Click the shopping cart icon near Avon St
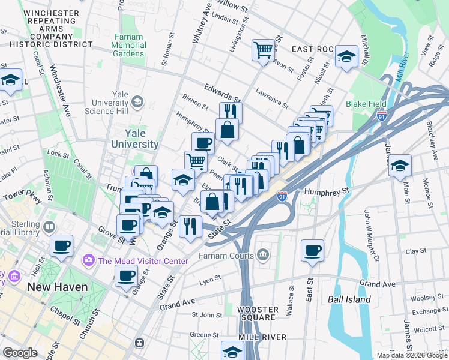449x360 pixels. pyautogui.click(x=263, y=50)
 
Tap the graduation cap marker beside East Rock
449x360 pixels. pyautogui.click(x=346, y=57)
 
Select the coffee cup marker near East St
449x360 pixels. pyautogui.click(x=312, y=251)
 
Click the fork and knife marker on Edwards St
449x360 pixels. pyautogui.click(x=231, y=112)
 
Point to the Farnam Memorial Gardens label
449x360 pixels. pyautogui.click(x=128, y=45)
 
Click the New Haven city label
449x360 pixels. pyautogui.click(x=57, y=287)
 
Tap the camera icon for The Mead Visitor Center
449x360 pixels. pyautogui.click(x=89, y=260)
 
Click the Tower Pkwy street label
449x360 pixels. pyautogui.click(x=21, y=197)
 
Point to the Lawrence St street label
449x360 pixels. pyautogui.click(x=271, y=98)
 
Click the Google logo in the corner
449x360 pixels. pyautogui.click(x=20, y=353)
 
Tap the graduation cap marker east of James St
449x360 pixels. pyautogui.click(x=400, y=166)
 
